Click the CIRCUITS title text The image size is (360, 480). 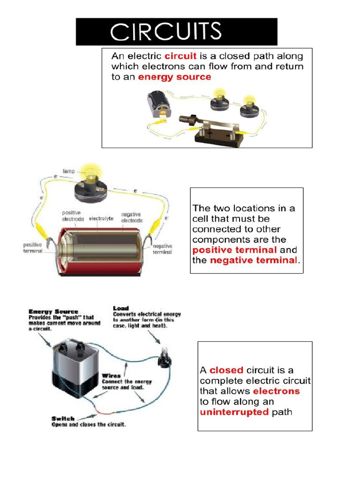tap(165, 31)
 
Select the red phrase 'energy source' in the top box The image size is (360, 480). tap(174, 77)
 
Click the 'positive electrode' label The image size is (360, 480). tap(73, 216)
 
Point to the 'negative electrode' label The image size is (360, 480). tap(132, 217)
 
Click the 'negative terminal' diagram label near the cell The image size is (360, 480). tap(162, 249)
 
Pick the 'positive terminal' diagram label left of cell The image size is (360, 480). tap(33, 247)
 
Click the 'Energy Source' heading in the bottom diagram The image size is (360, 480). tap(53, 311)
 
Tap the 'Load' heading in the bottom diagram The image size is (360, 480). tap(120, 308)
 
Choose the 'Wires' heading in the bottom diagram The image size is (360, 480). tap(111, 375)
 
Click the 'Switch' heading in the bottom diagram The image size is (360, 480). tap(63, 418)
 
